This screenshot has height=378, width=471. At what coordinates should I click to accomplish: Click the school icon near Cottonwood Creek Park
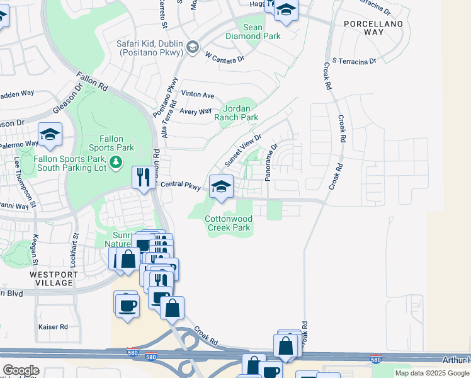221,186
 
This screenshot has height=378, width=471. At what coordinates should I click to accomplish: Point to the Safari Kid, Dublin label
149,48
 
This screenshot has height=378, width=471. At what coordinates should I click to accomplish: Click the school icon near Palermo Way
50,134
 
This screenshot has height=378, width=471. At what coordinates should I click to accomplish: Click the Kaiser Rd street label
53,327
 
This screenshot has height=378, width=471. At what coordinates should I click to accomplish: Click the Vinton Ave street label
198,95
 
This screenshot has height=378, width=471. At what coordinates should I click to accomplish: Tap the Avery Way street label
196,112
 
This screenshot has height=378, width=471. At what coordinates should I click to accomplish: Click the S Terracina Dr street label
354,61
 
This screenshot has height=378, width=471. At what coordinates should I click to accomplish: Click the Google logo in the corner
21,370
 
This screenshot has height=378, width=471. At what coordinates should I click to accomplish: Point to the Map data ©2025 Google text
433,373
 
